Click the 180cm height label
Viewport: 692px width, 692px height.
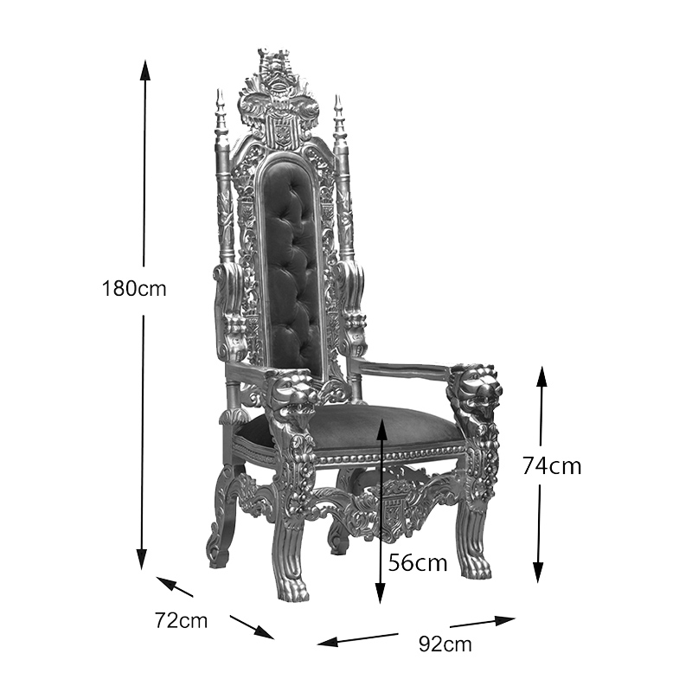(134, 289)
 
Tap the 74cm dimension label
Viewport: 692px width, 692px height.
(552, 466)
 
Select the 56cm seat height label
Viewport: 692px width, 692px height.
(418, 563)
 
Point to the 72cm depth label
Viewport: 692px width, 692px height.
(181, 620)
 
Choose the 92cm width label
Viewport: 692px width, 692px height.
(445, 644)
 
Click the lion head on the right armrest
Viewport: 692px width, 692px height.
(479, 388)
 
